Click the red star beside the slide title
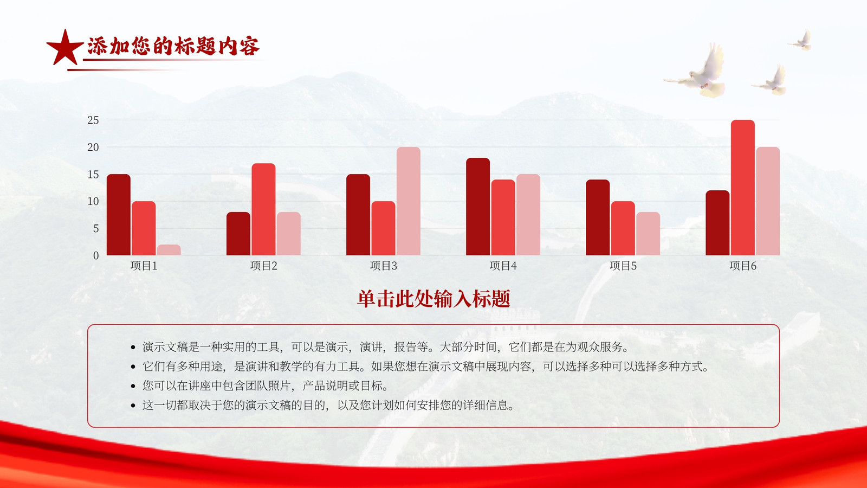tap(64, 48)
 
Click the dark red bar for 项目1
tap(119, 215)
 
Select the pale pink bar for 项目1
tap(169, 250)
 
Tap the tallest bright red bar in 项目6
tap(743, 188)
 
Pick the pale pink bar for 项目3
tap(409, 201)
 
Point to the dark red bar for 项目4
tap(478, 207)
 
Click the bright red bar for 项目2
tap(263, 209)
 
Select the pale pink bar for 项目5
tap(648, 234)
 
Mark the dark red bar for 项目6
tap(717, 223)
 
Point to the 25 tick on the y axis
tap(93, 120)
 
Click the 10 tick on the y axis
tap(93, 201)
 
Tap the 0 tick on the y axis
tap(96, 255)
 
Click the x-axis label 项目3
tap(383, 266)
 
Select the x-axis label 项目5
tap(623, 266)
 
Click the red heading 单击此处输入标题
tap(433, 299)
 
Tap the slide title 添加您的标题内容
tap(173, 46)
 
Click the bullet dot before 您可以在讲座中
tap(133, 386)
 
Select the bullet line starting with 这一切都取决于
tap(328, 405)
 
